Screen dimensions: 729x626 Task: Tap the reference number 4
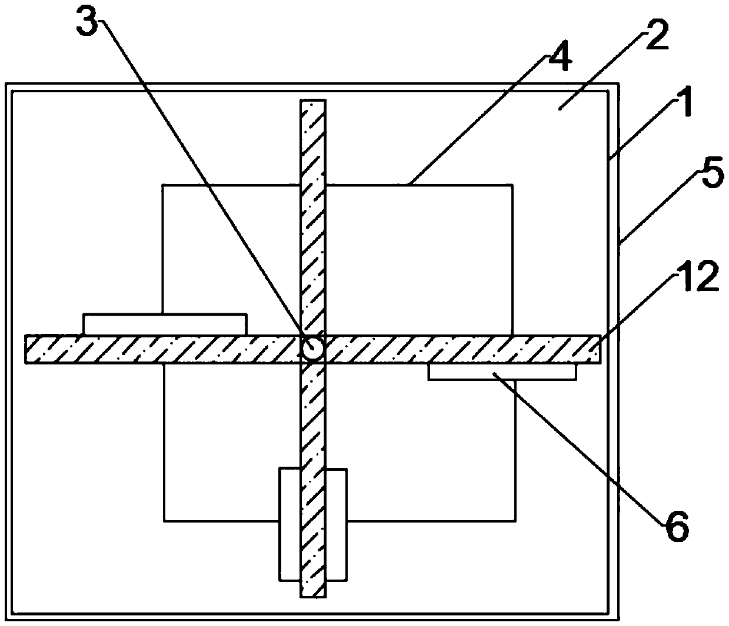tap(558, 56)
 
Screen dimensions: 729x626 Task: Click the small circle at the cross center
tap(312, 349)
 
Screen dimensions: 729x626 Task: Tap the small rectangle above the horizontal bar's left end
tap(165, 324)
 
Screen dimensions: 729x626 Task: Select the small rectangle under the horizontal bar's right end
tap(502, 371)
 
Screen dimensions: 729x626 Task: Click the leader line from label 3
tap(200, 176)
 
